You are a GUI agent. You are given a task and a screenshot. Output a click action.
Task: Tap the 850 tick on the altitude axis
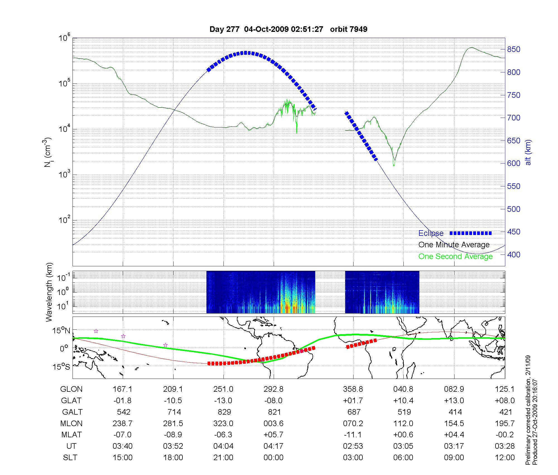click(514, 49)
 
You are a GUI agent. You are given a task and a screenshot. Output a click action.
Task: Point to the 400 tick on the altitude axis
click(514, 255)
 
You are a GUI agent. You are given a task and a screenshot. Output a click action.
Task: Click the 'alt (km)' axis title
click(528, 152)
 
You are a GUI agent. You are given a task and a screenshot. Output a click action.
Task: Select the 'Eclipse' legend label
click(431, 233)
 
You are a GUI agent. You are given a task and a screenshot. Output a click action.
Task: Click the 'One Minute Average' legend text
click(454, 245)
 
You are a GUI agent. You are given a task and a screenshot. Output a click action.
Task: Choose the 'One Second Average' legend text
click(455, 256)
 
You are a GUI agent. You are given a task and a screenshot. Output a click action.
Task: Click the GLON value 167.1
click(122, 389)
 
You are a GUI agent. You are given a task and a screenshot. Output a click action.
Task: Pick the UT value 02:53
click(353, 446)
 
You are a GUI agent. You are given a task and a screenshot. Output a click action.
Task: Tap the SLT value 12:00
click(505, 458)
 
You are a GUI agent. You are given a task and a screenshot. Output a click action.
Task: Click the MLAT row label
click(71, 435)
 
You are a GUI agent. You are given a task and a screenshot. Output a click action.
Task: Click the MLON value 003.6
click(274, 424)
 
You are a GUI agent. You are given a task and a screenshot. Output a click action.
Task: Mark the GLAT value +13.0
click(454, 401)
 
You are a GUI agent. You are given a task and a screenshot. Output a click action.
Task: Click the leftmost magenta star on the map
click(96, 331)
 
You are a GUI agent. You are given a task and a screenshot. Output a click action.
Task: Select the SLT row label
click(70, 458)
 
